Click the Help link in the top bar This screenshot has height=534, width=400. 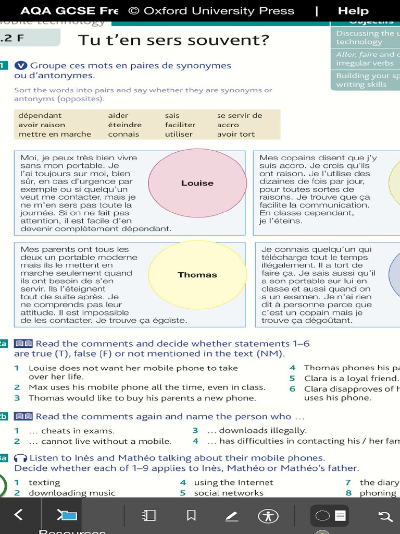pos(353,10)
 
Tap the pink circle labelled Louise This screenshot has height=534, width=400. pos(197,183)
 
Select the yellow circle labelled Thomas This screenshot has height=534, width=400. pos(197,275)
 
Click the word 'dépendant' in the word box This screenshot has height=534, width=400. pos(40,115)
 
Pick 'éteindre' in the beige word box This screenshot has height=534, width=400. pos(125,125)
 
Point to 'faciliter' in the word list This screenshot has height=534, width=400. pos(180,125)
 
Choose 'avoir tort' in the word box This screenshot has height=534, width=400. pos(236,134)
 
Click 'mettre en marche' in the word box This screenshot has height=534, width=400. pos(55,134)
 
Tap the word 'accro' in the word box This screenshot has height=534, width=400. pos(228,125)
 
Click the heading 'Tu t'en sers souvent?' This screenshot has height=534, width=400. pos(173,40)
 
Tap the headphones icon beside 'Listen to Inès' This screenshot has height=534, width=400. pos(21,458)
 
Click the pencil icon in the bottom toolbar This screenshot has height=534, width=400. pos(231,516)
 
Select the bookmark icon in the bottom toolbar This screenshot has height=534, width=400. pos(191,516)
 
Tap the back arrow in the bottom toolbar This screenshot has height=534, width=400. pos(19,515)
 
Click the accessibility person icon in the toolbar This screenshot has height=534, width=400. pos(268,516)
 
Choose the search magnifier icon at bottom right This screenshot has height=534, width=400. pos(385,516)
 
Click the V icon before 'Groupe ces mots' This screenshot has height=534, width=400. pos(21,66)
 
